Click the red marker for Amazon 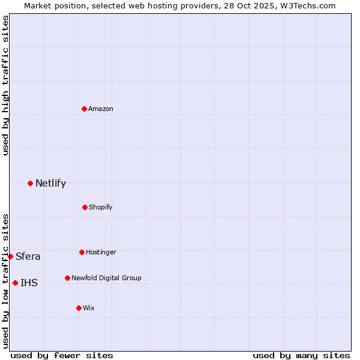(x=84, y=109)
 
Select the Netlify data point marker (x=30, y=183)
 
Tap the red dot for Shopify (x=85, y=207)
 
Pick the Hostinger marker (x=82, y=252)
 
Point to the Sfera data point (x=10, y=256)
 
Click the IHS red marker (x=15, y=283)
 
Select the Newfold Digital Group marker (x=67, y=278)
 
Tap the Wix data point (x=79, y=308)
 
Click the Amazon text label (x=101, y=109)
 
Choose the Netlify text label (x=50, y=183)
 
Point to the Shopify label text (x=101, y=207)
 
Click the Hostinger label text (x=101, y=252)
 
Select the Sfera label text (x=28, y=257)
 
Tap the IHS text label (x=29, y=283)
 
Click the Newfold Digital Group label (x=106, y=278)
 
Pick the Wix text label (x=89, y=308)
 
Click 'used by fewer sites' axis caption (x=62, y=355)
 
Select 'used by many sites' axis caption (x=301, y=355)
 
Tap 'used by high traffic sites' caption (x=5, y=85)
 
